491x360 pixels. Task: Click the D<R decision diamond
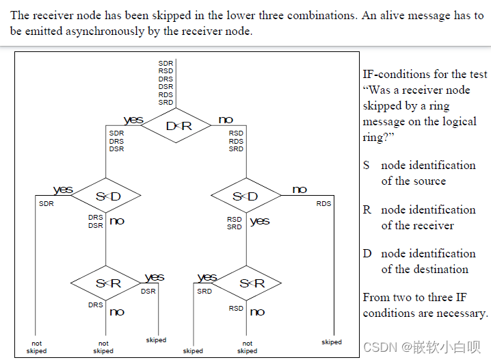(176, 126)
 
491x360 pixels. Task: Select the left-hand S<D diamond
(107, 197)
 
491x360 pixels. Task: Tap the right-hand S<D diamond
(245, 197)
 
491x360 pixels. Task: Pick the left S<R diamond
(107, 283)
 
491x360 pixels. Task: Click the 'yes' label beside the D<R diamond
(133, 120)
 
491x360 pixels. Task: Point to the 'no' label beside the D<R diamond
(225, 120)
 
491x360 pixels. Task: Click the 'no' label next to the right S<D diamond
(300, 190)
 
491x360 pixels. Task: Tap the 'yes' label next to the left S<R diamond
(155, 277)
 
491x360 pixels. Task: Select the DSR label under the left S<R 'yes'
(148, 292)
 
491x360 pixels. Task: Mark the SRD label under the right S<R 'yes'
(204, 292)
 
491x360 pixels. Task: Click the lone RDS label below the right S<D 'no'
(323, 204)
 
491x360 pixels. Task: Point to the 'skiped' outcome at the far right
(332, 342)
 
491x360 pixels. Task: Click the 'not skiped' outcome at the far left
(36, 347)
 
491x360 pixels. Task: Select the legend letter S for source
(367, 165)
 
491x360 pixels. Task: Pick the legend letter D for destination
(367, 253)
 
